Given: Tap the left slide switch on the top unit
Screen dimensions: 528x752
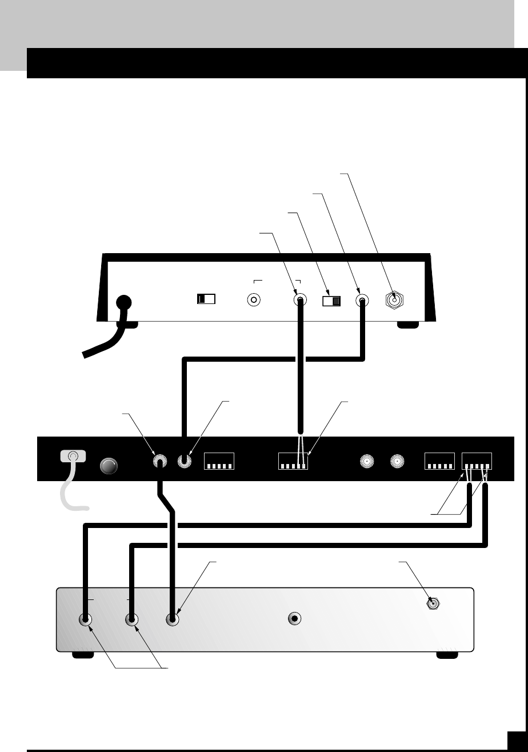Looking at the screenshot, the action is click(205, 299).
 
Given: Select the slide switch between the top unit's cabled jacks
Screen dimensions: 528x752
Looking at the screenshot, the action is click(331, 301).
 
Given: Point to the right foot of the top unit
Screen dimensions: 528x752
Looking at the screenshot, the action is click(408, 324).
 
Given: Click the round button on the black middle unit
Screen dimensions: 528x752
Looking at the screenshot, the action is click(110, 466).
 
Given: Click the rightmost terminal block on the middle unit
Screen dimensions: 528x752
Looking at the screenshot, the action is click(477, 461).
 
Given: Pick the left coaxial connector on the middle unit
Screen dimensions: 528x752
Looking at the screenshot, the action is click(367, 461).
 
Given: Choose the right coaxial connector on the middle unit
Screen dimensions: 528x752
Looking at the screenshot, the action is click(398, 461).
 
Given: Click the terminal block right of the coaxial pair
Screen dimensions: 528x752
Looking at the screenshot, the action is click(439, 461).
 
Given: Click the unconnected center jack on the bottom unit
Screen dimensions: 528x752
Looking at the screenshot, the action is click(294, 618).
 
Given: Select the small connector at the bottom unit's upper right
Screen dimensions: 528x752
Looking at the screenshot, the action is click(434, 603).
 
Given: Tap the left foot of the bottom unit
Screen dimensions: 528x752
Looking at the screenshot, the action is click(83, 655).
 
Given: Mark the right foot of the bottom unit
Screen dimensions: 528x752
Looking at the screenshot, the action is click(447, 655).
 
